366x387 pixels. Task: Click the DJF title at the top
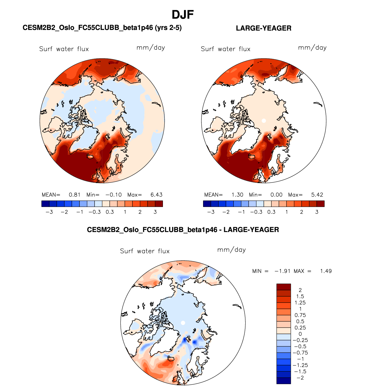(x=183, y=15)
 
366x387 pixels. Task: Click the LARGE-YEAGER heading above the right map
(x=263, y=28)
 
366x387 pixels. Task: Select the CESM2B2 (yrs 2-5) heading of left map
(x=102, y=28)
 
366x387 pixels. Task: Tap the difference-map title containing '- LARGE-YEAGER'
(x=183, y=230)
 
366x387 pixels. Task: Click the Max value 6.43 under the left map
(x=156, y=195)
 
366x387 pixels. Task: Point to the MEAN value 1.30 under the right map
(x=237, y=195)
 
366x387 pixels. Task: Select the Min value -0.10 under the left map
(x=113, y=195)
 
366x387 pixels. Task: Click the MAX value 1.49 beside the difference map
(x=326, y=271)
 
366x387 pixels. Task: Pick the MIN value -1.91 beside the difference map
(x=282, y=271)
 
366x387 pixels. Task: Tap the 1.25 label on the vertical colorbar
(x=300, y=303)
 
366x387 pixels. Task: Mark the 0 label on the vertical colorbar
(x=300, y=334)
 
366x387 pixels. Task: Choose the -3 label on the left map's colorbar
(x=49, y=212)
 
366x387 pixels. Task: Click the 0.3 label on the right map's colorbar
(x=271, y=212)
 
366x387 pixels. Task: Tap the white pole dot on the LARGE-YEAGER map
(x=264, y=121)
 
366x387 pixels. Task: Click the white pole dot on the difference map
(x=183, y=323)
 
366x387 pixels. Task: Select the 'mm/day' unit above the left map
(x=151, y=48)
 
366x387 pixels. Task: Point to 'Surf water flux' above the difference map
(x=145, y=251)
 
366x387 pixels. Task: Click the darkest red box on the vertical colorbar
(x=284, y=287)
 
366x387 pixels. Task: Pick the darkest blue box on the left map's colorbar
(x=45, y=204)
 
